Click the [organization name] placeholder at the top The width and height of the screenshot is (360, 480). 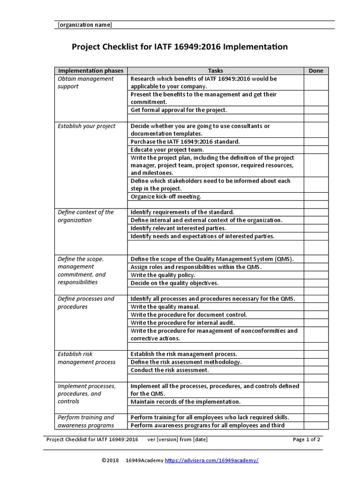tap(85, 25)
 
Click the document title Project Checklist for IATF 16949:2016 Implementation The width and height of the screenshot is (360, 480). tap(180, 47)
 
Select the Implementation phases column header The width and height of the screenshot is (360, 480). tap(91, 71)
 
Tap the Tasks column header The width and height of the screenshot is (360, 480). tap(216, 71)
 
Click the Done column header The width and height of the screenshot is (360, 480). tap(316, 71)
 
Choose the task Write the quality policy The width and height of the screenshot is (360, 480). tap(163, 275)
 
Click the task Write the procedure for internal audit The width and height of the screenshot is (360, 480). tap(183, 322)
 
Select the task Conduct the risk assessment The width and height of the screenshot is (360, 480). tap(170, 370)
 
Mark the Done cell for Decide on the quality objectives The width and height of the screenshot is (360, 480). tap(316, 283)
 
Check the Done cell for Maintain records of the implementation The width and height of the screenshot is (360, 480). tap(316, 402)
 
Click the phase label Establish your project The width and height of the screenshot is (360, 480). tap(86, 126)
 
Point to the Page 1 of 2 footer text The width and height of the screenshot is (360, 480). tap(307, 439)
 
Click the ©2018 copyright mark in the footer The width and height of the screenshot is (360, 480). tap(111, 460)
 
